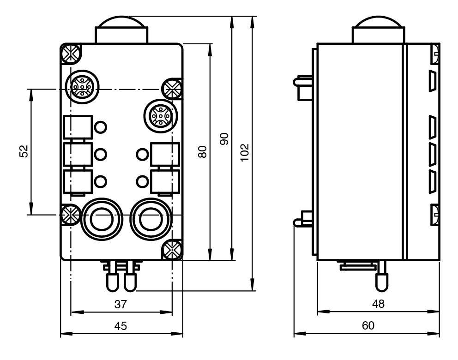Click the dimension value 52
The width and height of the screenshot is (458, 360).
pyautogui.click(x=24, y=151)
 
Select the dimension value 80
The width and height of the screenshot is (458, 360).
pyautogui.click(x=202, y=151)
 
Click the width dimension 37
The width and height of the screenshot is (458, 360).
pyautogui.click(x=121, y=304)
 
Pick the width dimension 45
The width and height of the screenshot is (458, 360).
pyautogui.click(x=121, y=326)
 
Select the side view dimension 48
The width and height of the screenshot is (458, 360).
pyautogui.click(x=378, y=304)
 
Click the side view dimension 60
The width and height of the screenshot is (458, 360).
pyautogui.click(x=368, y=326)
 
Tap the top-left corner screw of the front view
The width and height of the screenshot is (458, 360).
pyautogui.click(x=71, y=54)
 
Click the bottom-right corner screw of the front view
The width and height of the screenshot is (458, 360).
pyautogui.click(x=172, y=250)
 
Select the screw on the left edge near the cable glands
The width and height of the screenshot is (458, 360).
pyautogui.click(x=71, y=214)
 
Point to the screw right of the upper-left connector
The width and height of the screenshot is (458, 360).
pyautogui.click(x=172, y=88)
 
